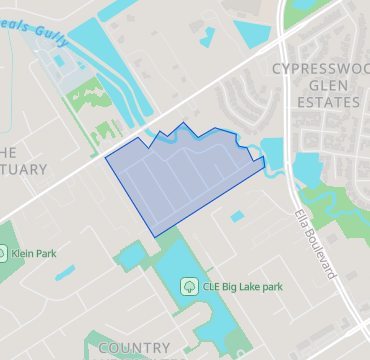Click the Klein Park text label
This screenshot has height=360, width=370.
pos(33,254)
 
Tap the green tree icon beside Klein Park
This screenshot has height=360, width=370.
pos(2,254)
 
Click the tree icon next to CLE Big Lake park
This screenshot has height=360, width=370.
pos(187,287)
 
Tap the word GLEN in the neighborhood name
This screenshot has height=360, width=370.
pos(320,85)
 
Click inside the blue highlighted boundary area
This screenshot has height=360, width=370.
pos(180,180)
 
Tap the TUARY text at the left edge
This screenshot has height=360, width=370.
pos(22,169)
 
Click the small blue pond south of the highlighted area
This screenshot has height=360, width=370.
pos(238,215)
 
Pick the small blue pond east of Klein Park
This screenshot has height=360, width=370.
pos(65,271)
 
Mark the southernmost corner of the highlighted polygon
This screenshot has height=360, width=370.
pos(154,237)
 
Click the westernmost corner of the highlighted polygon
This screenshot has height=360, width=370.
pos(106,157)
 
